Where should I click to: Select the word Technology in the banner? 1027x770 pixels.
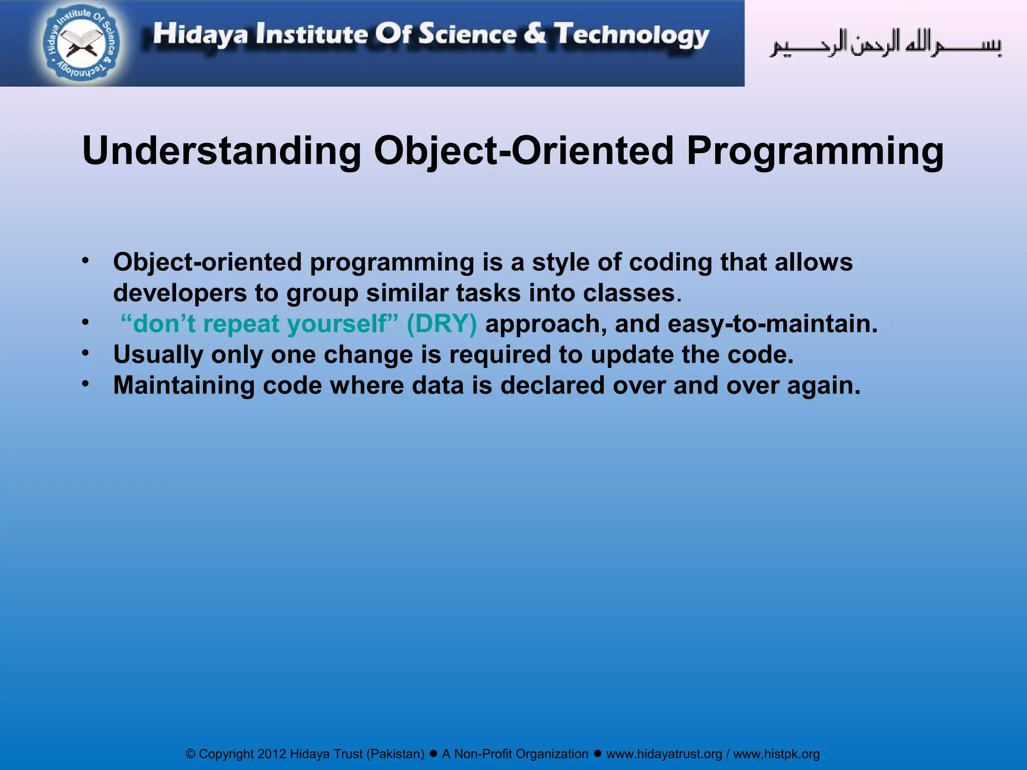click(x=631, y=35)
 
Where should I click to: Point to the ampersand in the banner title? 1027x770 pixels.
click(x=536, y=34)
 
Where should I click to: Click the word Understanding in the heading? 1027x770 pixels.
click(x=221, y=151)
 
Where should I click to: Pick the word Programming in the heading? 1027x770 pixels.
click(x=815, y=151)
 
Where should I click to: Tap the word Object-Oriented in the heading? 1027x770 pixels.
click(x=524, y=151)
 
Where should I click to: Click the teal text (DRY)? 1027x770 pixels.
click(x=442, y=324)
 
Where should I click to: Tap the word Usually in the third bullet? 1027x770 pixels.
click(x=158, y=355)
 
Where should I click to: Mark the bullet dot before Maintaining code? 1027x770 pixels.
click(x=86, y=384)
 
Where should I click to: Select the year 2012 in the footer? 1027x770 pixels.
click(x=271, y=754)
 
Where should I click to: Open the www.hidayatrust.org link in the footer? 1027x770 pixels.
click(x=664, y=754)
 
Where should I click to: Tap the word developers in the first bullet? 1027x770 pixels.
click(x=180, y=293)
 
